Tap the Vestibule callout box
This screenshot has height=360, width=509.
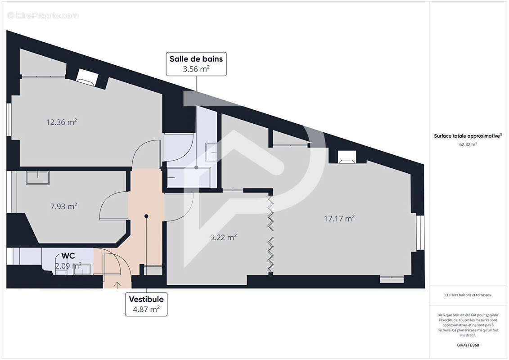[146, 304]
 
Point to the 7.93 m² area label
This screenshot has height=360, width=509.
[63, 207]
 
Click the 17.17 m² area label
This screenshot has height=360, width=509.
[339, 219]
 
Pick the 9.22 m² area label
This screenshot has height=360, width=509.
[224, 237]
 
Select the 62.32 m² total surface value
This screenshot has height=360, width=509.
[468, 144]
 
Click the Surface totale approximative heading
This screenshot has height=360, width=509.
[468, 135]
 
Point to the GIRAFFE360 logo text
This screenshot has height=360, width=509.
[468, 346]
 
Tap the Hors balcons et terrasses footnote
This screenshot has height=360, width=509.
[468, 295]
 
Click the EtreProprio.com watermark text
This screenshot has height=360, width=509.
[43, 16]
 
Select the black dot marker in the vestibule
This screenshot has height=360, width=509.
[146, 216]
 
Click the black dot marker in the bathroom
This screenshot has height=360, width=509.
[196, 167]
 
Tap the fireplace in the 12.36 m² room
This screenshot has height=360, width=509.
[86, 77]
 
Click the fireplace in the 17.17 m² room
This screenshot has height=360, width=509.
[347, 156]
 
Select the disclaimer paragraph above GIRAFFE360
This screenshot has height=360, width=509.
[468, 324]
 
